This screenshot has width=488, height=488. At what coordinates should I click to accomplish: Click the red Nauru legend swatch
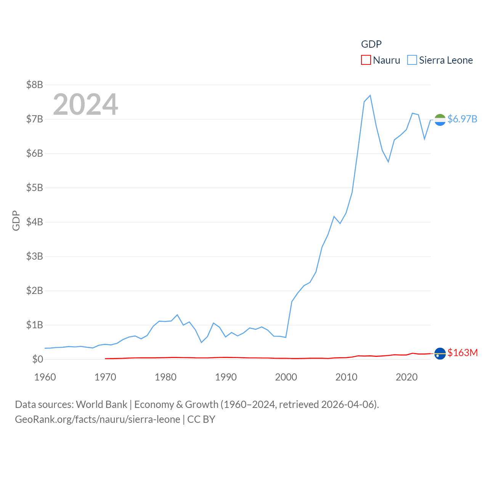coord(366,60)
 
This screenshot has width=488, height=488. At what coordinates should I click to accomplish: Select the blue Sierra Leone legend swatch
coord(412,60)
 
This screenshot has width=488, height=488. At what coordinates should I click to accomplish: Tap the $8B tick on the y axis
coord(34,85)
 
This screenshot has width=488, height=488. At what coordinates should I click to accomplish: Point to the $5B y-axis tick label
coord(34,188)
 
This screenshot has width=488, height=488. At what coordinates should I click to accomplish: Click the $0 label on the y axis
coord(38,359)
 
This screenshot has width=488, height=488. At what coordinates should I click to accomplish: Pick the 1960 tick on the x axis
coord(45,377)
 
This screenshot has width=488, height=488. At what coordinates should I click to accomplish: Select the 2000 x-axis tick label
coord(286,377)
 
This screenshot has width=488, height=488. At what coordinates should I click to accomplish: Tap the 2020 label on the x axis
coord(406,377)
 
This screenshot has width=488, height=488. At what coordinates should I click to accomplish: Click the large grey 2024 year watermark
coord(85,104)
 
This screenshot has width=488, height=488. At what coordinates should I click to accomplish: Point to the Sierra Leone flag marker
coord(440,120)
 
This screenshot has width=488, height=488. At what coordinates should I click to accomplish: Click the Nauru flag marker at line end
coord(440,353)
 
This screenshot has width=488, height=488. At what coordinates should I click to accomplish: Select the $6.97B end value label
coord(462,119)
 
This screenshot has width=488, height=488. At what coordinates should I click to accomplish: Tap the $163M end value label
coord(462,353)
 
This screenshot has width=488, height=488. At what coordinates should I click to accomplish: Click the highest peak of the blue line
coord(370,95)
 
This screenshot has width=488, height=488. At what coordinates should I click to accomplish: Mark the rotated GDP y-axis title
coord(16,220)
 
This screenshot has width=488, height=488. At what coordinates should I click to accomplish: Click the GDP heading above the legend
coord(371,44)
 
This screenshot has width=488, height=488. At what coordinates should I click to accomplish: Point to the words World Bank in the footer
coord(101,404)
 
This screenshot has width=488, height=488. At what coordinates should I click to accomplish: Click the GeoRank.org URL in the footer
coord(98,419)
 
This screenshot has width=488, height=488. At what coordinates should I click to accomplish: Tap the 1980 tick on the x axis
coord(165,377)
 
